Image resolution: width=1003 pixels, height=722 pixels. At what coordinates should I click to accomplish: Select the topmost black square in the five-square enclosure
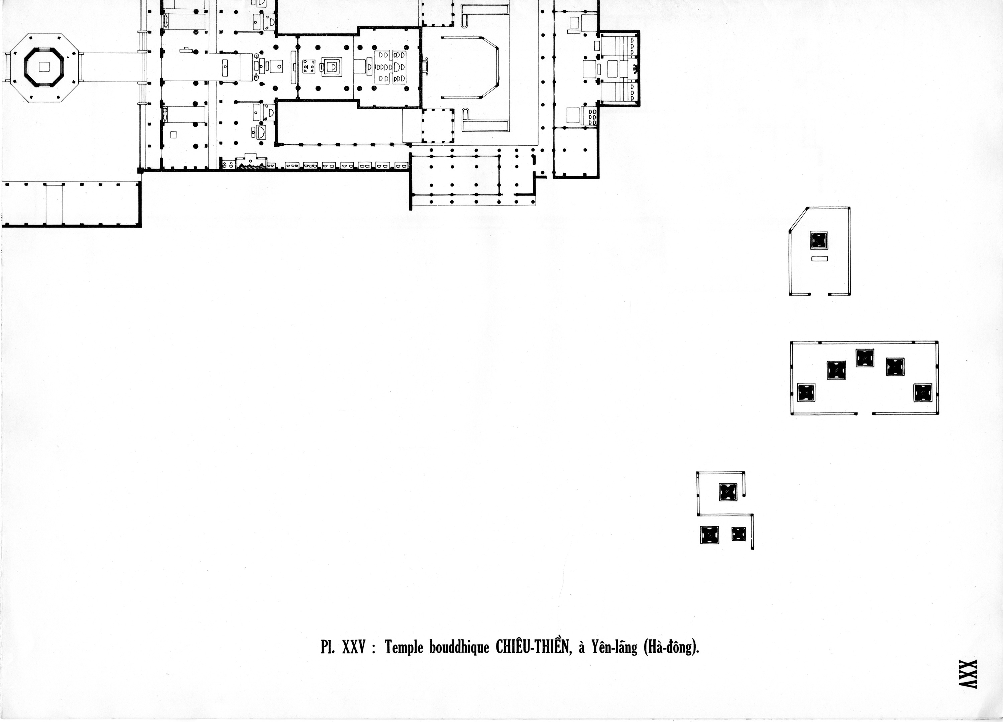pos(865,358)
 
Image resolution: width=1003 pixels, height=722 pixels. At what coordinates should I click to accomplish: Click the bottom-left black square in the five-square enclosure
pos(806,392)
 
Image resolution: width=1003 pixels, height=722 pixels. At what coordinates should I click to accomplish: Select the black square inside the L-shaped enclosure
pos(728,492)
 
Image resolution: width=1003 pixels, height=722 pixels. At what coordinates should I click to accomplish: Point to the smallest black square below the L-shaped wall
pos(739,534)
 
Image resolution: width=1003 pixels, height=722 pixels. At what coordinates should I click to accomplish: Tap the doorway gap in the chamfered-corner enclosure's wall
pos(819,294)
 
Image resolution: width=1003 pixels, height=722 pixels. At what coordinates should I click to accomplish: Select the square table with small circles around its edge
pos(308,67)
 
